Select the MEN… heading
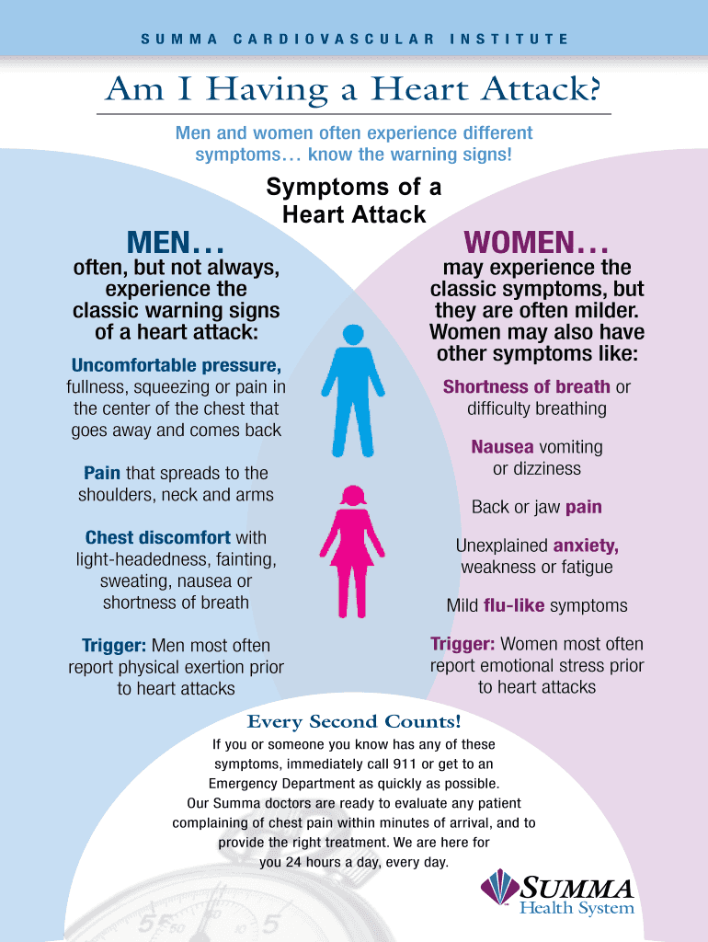[x=174, y=244]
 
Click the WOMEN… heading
[x=536, y=244]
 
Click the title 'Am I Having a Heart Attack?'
[x=354, y=89]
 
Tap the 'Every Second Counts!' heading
[x=354, y=721]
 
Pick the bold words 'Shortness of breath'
[x=526, y=386]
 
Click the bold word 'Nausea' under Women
[x=502, y=447]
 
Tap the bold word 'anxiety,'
[x=586, y=546]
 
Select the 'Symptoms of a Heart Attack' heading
[x=354, y=201]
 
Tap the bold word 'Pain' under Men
[x=102, y=473]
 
